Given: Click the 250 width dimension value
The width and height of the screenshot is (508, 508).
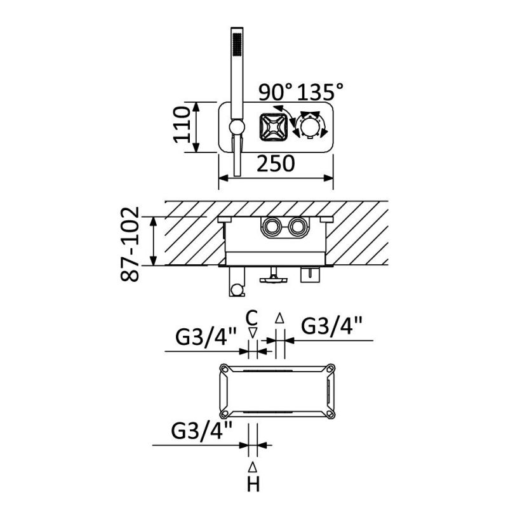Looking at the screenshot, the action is click(x=276, y=164).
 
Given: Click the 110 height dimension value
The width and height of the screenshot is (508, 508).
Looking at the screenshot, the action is click(x=182, y=124).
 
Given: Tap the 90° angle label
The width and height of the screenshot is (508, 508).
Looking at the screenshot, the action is click(x=276, y=92).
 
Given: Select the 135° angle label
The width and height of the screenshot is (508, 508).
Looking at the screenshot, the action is click(x=320, y=91).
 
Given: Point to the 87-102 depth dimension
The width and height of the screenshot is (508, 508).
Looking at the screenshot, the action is click(x=130, y=244).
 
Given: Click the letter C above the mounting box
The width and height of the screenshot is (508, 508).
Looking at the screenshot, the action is click(x=251, y=318).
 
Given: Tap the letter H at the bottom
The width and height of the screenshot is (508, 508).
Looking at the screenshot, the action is click(x=253, y=485).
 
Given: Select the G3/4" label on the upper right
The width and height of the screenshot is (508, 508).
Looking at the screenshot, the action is click(x=331, y=326).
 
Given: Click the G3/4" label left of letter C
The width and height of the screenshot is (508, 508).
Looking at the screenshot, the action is click(x=206, y=337).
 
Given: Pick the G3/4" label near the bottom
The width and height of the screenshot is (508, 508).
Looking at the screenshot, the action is click(x=201, y=431).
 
